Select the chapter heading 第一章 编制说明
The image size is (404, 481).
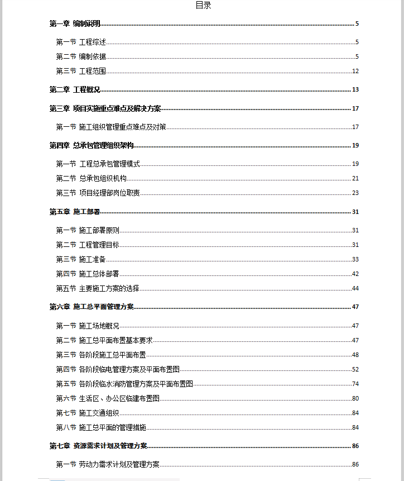tap(75, 23)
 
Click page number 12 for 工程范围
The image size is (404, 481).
tap(355, 71)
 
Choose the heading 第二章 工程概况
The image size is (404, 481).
tap(75, 90)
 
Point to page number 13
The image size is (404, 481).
tap(355, 90)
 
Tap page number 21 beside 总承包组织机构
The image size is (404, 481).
tap(355, 178)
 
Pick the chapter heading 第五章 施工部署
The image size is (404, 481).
tap(75, 212)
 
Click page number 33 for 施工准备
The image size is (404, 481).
tap(355, 259)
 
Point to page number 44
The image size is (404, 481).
tap(355, 288)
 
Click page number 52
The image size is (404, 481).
tap(355, 369)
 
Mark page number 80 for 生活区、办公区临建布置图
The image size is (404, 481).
tap(355, 398)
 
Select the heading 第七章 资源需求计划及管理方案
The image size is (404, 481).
tap(99, 446)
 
